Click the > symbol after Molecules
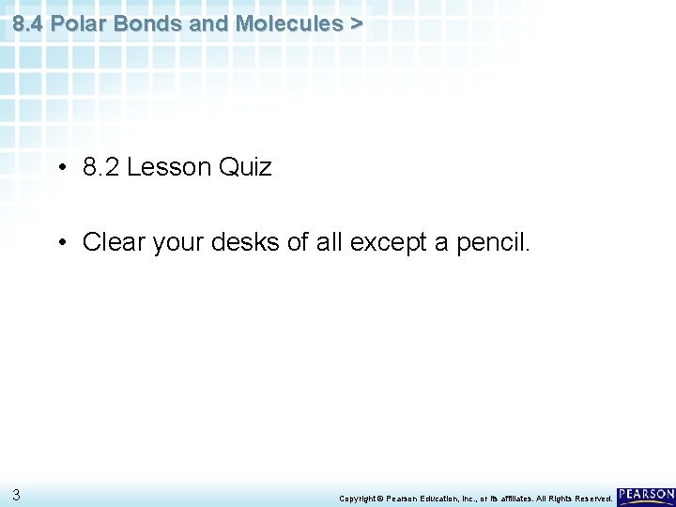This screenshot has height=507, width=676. [x=355, y=23]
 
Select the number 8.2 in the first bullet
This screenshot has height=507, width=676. [x=101, y=168]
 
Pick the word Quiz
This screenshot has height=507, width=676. [x=245, y=168]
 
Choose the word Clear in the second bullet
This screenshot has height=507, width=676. [x=111, y=243]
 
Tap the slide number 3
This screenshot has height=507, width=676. [x=16, y=494]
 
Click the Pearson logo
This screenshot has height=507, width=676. [x=646, y=494]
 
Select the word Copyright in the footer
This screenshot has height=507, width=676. [x=359, y=498]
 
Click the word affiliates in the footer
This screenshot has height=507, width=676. [x=516, y=498]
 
